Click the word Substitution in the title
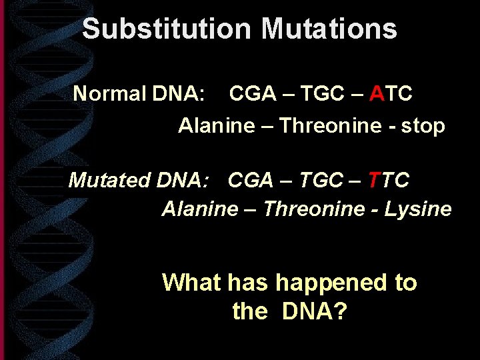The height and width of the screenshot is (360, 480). (167, 29)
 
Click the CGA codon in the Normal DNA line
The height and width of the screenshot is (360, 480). (253, 94)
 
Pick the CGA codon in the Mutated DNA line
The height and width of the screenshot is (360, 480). (251, 180)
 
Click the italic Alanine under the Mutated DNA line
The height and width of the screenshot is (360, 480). (199, 209)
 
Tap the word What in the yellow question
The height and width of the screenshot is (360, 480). (191, 283)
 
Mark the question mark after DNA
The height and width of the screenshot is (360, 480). (339, 311)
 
